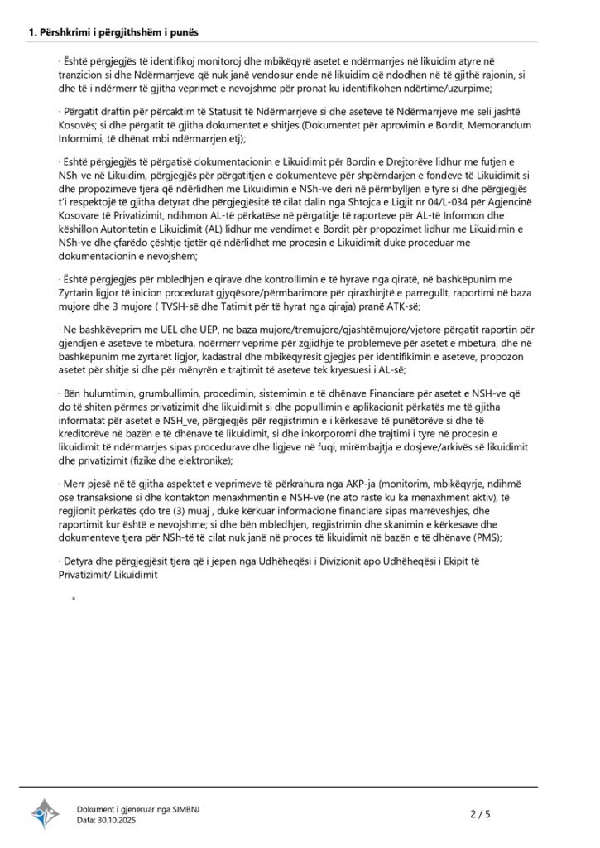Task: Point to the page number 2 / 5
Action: pos(480,814)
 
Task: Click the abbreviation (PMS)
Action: pos(493,537)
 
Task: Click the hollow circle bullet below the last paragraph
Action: pos(74,598)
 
